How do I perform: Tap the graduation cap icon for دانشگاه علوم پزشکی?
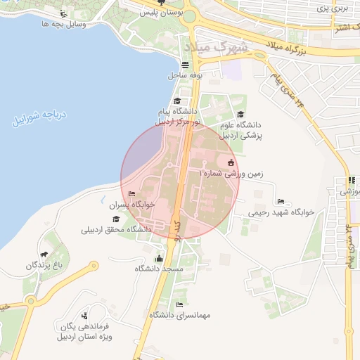240,115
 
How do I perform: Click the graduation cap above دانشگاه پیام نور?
176,101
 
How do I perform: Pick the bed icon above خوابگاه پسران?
131,193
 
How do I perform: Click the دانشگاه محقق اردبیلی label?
117,229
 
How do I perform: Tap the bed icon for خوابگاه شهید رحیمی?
281,201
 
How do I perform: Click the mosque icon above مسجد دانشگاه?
158,258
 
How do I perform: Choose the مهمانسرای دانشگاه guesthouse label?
184,315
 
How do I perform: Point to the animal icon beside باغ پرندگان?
44,254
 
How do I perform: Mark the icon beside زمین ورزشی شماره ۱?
231,162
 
